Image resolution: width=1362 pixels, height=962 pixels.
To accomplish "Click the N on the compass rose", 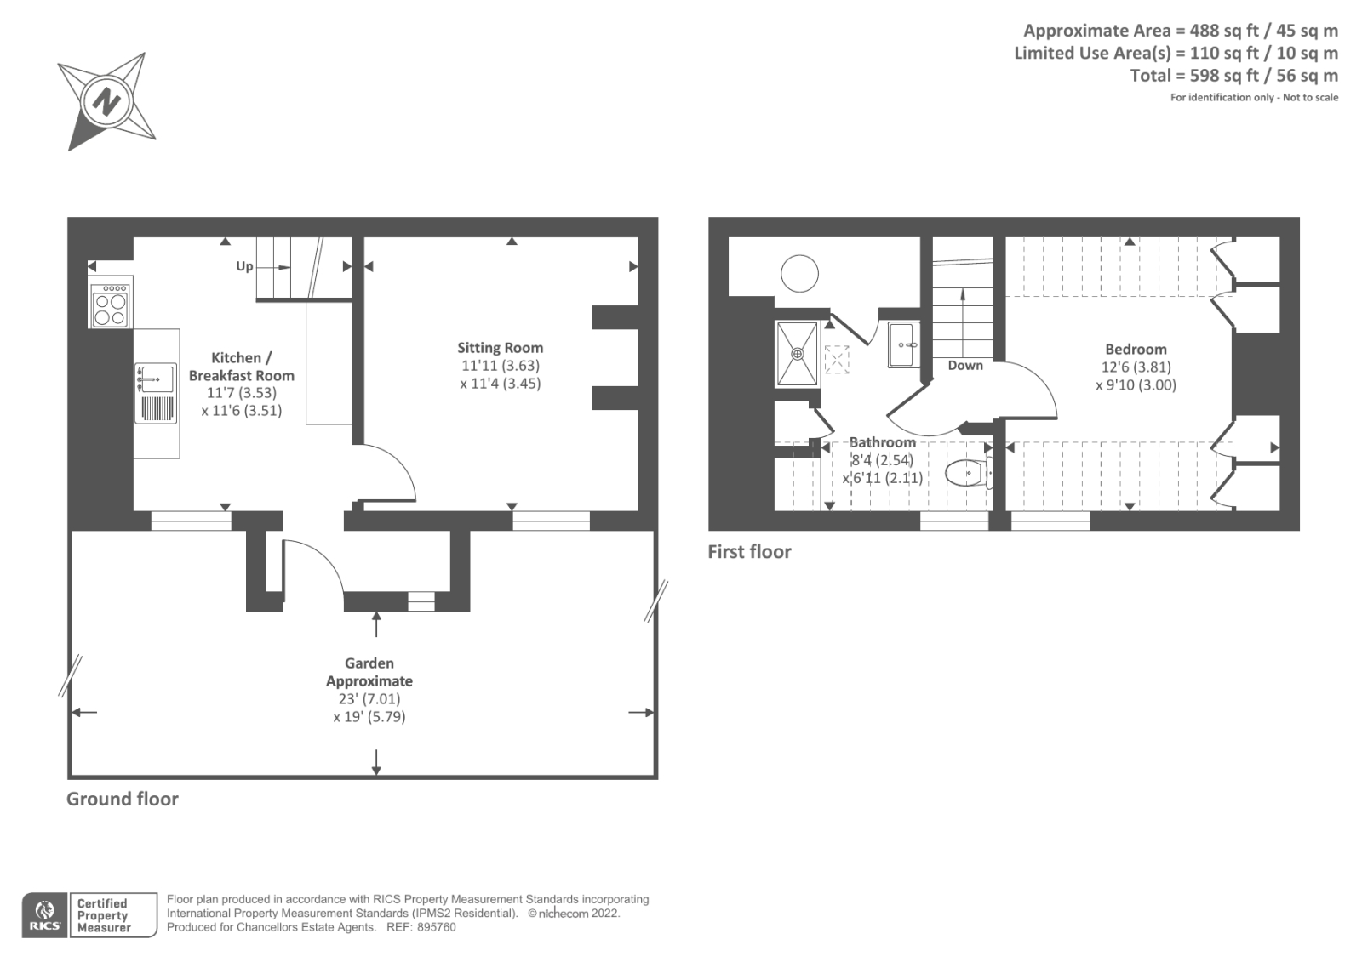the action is (106, 102).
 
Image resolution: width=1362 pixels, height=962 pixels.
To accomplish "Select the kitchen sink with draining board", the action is (156, 393).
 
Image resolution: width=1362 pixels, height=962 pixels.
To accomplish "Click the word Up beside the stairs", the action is (244, 266).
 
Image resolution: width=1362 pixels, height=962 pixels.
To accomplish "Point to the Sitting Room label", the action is (501, 348).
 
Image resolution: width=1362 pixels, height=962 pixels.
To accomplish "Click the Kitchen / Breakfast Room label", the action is (242, 367).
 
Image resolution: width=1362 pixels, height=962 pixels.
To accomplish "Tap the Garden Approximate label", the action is (369, 671).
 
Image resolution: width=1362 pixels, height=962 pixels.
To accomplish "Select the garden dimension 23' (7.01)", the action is (369, 699).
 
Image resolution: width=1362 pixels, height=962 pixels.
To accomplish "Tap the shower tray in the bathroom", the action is (797, 354).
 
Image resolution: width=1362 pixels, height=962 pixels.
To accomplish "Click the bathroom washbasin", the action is (903, 345).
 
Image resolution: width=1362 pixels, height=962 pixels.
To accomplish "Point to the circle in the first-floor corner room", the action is (799, 274).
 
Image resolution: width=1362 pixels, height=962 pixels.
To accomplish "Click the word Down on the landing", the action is (965, 365).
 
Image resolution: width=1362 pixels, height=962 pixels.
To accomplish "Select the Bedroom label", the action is (1136, 350).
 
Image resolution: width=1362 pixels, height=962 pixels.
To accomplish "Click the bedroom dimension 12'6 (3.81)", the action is (1136, 367).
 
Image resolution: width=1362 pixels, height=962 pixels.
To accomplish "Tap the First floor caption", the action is (750, 552).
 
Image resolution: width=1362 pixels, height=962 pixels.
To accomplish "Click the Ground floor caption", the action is (123, 800).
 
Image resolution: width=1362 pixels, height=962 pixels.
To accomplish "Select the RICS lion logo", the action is (44, 914).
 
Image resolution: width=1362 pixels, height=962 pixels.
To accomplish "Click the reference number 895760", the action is (436, 927).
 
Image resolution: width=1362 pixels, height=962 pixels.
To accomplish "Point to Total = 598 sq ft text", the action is (1188, 76).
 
